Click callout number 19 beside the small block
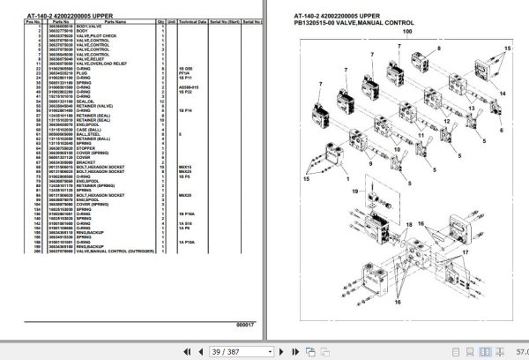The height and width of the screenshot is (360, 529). click(355, 190)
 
